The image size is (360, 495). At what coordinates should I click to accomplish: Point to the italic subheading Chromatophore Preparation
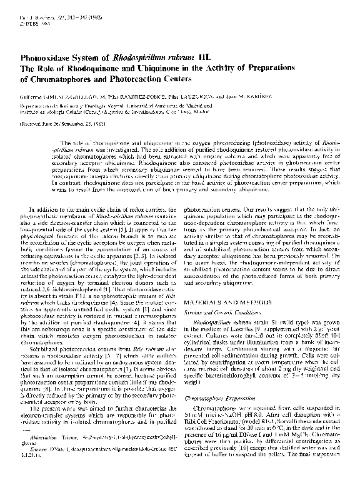(218, 396)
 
